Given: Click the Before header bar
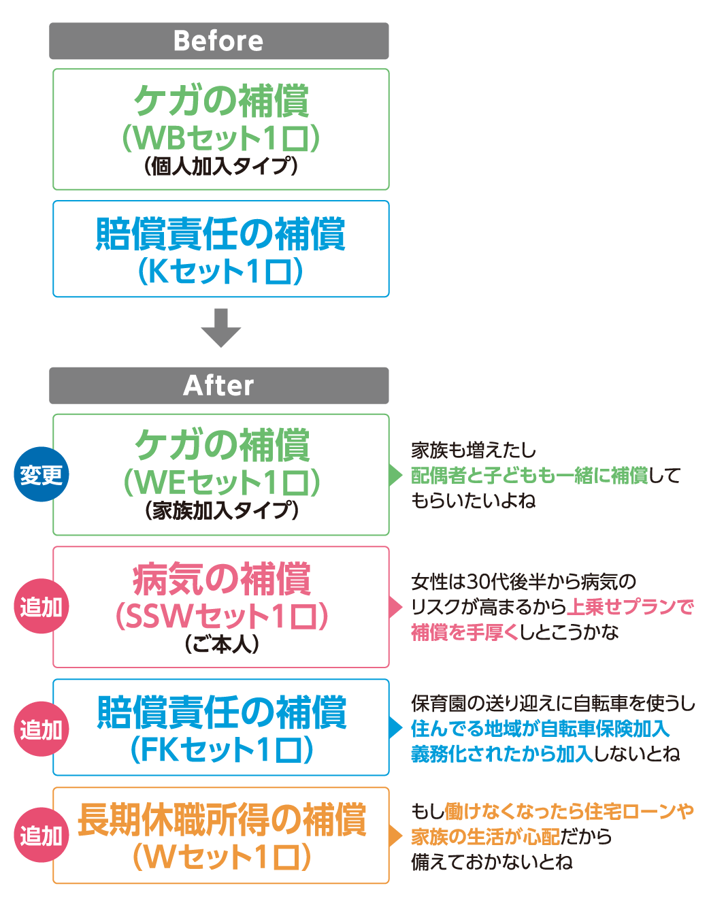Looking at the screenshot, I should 218,41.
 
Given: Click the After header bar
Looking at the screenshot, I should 218,385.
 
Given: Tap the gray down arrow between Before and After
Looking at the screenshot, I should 220,328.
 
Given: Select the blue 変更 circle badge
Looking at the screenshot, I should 41,474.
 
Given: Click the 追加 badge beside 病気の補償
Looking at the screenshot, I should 41,606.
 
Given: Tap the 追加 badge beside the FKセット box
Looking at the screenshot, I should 41,729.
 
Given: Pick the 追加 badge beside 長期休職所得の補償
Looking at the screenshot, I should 41,835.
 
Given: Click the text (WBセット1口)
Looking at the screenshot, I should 220,138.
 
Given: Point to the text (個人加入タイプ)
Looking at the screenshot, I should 220,166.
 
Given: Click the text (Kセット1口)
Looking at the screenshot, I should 220,271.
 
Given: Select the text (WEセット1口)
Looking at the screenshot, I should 221,482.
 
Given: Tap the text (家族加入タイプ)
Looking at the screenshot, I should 221,510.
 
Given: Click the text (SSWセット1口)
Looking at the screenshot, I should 221,616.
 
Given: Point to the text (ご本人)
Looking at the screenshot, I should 221,644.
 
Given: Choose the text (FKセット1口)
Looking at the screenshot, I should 221,750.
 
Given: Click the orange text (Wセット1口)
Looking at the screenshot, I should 221,857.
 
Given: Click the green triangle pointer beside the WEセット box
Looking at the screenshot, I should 395,475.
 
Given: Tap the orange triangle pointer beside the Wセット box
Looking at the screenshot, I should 395,836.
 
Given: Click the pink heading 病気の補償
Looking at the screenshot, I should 221,580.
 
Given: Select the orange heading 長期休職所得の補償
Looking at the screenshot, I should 221,819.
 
